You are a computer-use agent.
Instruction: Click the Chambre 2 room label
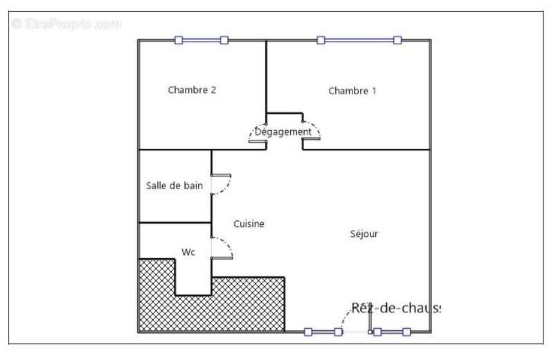point(193,90)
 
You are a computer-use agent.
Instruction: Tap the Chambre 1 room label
point(352,91)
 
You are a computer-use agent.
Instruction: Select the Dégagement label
point(283,132)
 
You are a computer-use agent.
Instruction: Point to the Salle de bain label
point(175,186)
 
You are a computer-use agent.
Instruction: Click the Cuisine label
point(249,224)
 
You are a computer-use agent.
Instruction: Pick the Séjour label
point(364,234)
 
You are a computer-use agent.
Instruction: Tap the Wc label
point(188,253)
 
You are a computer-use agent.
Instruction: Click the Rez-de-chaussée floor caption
point(395,308)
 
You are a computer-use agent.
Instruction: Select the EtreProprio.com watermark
point(66,24)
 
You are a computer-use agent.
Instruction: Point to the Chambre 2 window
point(201,40)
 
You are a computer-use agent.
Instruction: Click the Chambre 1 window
point(359,40)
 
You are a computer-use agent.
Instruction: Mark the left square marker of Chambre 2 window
point(179,40)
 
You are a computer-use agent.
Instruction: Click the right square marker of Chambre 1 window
point(397,40)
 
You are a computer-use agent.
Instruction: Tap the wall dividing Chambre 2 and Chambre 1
point(267,76)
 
